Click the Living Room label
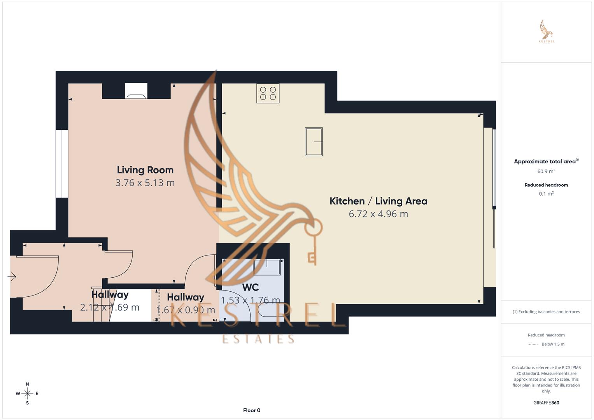tap(145, 170)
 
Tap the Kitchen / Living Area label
tap(378, 201)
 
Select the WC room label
tap(250, 287)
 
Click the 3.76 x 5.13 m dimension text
tap(145, 183)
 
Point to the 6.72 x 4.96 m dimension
tap(378, 214)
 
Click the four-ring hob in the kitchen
tap(268, 93)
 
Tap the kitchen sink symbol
tap(314, 142)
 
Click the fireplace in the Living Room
tap(136, 91)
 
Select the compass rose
tap(27, 394)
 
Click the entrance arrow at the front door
tap(12, 277)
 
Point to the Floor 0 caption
tap(252, 410)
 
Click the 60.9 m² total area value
tap(546, 171)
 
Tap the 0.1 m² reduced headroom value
tap(546, 194)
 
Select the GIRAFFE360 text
tap(546, 403)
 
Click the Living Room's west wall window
tap(61, 164)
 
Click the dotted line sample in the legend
tap(533, 344)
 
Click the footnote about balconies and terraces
tap(546, 311)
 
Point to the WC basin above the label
tap(267, 267)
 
